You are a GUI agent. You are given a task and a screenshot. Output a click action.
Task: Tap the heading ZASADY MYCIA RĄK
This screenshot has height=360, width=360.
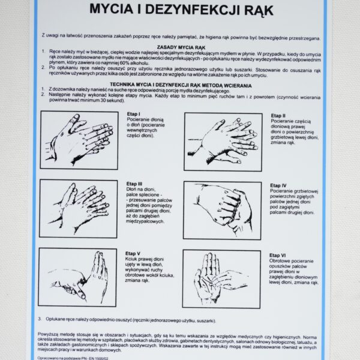click(179, 46)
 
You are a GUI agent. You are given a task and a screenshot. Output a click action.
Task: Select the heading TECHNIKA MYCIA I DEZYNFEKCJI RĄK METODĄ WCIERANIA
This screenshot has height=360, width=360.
click(179, 85)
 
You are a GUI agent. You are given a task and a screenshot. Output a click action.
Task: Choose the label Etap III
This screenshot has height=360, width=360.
click(135, 184)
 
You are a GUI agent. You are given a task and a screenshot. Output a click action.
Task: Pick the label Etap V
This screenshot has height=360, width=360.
click(134, 254)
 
